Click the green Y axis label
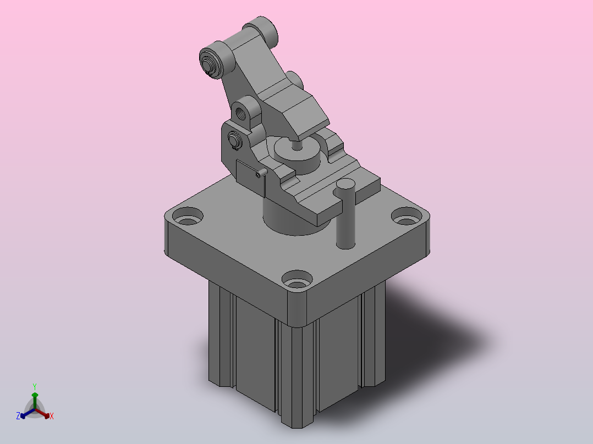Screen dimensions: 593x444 point(35,386)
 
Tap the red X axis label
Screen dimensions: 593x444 point(52,416)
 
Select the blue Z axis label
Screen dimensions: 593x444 point(18,416)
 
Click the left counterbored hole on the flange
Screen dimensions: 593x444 point(188,217)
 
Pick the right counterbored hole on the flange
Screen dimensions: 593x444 point(407,217)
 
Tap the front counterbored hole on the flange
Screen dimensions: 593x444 point(297,280)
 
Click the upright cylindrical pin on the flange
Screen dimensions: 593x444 point(345,214)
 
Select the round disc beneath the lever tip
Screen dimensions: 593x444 point(298,155)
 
